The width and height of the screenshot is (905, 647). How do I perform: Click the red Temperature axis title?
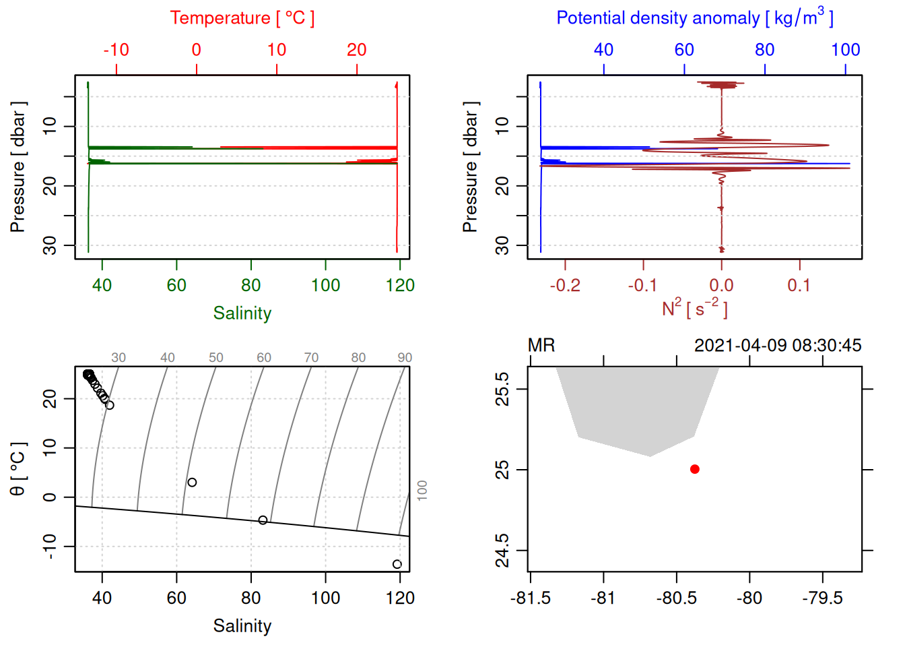tap(242, 18)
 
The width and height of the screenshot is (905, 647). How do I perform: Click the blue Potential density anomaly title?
tap(694, 18)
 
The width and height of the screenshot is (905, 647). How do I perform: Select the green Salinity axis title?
tap(242, 313)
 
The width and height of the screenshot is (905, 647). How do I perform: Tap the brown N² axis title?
tap(694, 308)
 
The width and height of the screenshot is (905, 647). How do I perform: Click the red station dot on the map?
tap(694, 469)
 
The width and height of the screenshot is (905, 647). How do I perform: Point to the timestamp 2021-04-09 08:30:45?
tap(777, 346)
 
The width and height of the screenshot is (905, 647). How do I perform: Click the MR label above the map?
tap(541, 346)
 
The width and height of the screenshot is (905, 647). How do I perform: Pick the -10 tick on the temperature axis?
tap(116, 50)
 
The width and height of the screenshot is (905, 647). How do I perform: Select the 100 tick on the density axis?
tap(845, 50)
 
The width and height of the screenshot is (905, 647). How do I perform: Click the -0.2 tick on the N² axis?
tap(565, 285)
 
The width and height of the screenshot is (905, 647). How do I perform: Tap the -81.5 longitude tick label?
tap(531, 598)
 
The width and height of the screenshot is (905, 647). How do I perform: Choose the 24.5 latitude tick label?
tap(502, 551)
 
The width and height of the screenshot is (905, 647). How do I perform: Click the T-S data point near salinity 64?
tap(192, 483)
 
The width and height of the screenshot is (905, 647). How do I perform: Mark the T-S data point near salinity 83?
tap(263, 520)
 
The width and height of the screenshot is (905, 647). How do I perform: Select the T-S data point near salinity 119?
tap(397, 564)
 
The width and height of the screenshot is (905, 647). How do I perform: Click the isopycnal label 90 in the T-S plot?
tap(404, 358)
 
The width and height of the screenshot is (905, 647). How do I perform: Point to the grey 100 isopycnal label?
tap(422, 489)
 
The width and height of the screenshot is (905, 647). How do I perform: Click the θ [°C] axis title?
tap(18, 469)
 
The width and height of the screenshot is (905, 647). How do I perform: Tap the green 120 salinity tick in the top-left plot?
tap(400, 285)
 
